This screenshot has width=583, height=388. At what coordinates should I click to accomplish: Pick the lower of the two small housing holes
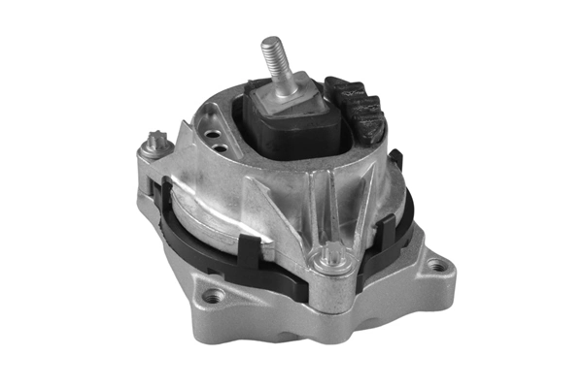click(223, 148)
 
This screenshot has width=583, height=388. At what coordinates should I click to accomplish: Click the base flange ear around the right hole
click(437, 276)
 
